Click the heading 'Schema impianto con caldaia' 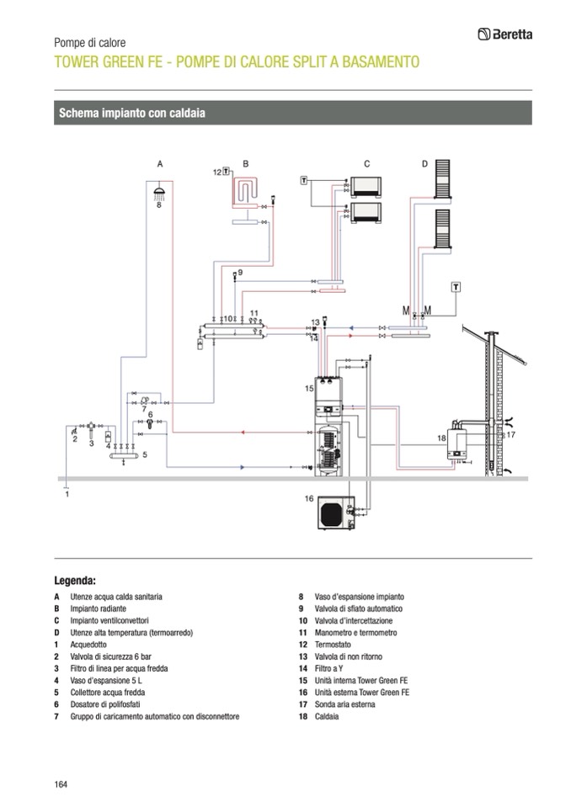pos(132,112)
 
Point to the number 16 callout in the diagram pos(309,498)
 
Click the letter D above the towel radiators pos(424,163)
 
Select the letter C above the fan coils pos(366,163)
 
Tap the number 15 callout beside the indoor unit pos(309,388)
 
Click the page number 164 pos(61,784)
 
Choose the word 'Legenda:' pos(75,580)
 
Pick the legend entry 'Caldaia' pos(326,716)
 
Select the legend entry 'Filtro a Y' pos(331,668)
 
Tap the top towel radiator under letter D pos(442,178)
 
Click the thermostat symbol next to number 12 pos(227,171)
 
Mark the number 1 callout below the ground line pos(67,494)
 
